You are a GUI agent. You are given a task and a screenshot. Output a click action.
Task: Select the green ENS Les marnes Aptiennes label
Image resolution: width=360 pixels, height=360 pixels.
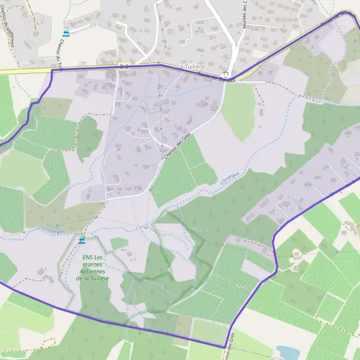pos(92,268)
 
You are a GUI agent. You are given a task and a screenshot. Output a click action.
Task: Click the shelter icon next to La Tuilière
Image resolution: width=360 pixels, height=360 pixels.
pos(226,73)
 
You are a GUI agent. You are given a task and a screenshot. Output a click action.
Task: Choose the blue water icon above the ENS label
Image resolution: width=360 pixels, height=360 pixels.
pos(82,241)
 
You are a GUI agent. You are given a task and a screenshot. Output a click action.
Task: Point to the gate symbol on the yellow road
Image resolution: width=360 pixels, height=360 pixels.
pos(122,65)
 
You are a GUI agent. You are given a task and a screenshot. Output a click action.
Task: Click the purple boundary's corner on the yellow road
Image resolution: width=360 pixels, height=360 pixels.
pos(53,71)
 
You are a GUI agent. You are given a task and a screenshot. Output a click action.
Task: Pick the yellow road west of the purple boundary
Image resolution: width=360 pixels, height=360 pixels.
pos(24,71)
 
